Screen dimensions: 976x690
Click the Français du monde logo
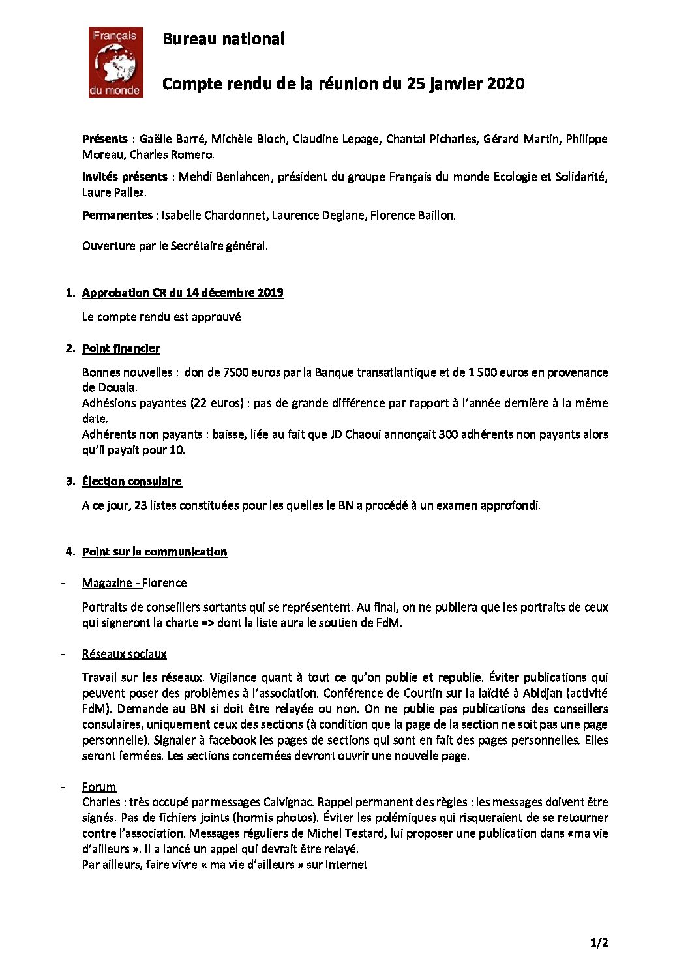point(115,63)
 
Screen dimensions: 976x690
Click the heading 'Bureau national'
point(223,39)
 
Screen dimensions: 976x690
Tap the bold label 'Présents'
point(105,139)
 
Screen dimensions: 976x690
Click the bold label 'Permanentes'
point(117,215)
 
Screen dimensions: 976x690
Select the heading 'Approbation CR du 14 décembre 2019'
point(183,293)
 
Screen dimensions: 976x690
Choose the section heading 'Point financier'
point(121,348)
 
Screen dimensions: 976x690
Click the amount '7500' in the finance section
point(236,372)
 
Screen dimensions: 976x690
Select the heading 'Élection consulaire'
point(132,481)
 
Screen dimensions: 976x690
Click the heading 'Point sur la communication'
point(155,552)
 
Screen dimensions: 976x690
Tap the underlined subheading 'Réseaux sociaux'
point(125,654)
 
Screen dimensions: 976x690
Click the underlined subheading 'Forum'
point(99,787)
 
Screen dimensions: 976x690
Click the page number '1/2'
point(599,943)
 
